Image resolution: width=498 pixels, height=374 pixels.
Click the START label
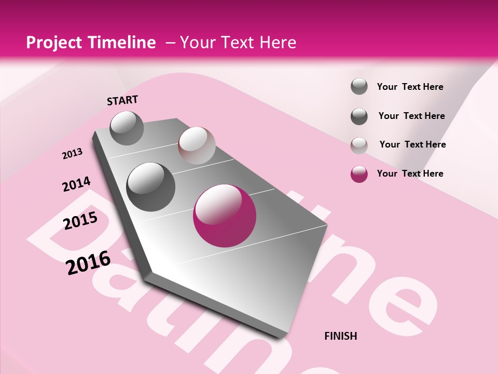(x=122, y=100)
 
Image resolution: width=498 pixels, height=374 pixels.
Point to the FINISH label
(x=340, y=336)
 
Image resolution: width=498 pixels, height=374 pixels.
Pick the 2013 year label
(x=73, y=154)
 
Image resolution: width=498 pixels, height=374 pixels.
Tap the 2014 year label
(x=76, y=184)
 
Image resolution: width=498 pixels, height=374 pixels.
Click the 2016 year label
(x=88, y=262)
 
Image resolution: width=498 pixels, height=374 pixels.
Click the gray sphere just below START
(x=127, y=128)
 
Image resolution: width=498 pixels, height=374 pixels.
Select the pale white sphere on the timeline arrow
(x=197, y=145)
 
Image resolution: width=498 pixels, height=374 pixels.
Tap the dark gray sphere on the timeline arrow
(x=150, y=186)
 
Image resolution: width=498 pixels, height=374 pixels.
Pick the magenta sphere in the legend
(x=359, y=174)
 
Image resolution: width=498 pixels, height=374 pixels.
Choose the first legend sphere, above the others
(x=359, y=86)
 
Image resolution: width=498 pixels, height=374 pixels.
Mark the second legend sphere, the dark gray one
(x=359, y=116)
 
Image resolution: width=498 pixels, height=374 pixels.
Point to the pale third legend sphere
(x=359, y=145)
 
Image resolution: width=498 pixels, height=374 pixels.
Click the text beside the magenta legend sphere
(x=410, y=173)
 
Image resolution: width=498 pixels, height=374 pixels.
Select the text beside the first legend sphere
(x=410, y=87)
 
